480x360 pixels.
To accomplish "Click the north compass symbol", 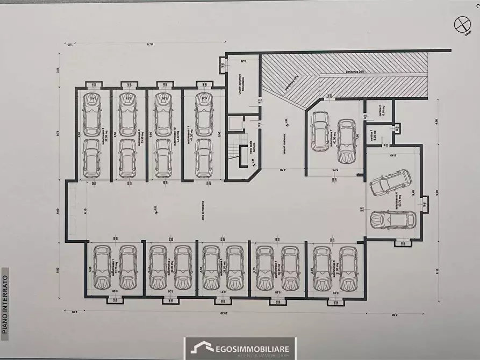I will click(x=461, y=24).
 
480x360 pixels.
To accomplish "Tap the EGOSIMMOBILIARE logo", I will click(x=239, y=348).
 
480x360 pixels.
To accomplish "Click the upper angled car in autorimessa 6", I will click(x=390, y=183).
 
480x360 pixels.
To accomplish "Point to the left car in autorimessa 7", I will click(x=320, y=132).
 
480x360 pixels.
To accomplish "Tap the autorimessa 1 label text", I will click(x=114, y=267).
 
